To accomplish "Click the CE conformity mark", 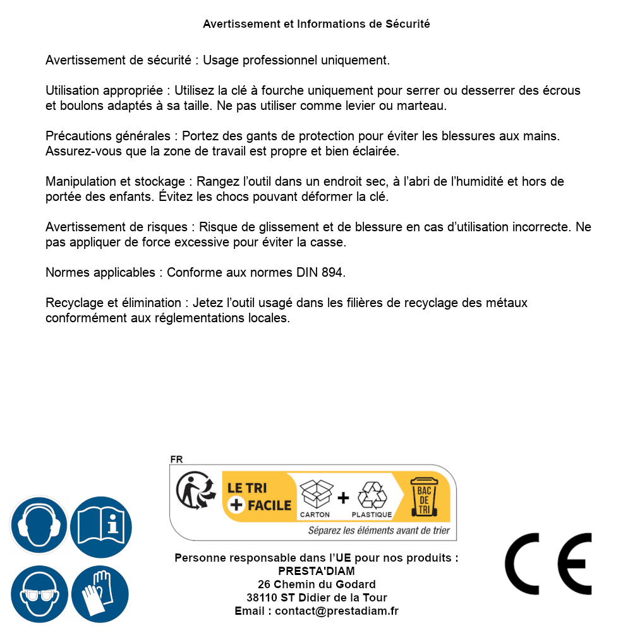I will pos(548,564).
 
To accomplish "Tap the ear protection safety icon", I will pos(39,525).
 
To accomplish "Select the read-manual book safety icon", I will pos(100,525).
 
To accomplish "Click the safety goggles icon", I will pos(39,595).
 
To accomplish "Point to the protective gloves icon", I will pos(100,595).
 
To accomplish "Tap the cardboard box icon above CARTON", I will pos(315,494).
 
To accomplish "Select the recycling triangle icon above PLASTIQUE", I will pos(372,495).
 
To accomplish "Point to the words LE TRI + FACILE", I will pos(259,497).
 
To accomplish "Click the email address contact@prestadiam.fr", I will pos(337,611).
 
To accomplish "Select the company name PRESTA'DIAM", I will pos(316,571).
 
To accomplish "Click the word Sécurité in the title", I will pos(408,24).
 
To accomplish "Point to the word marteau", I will pos(425,106).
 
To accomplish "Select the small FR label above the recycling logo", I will pos(176,459).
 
